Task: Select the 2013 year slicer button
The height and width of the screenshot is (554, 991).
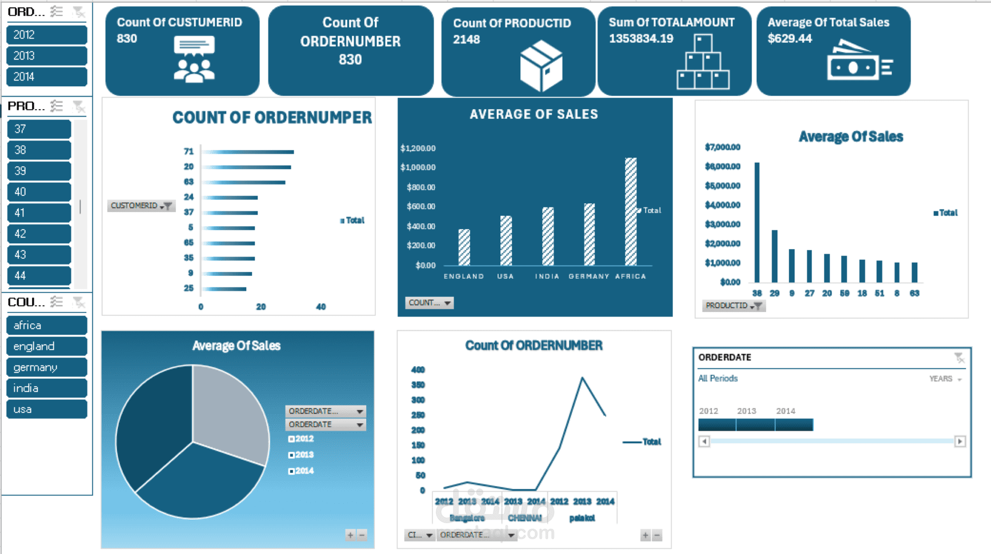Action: click(46, 55)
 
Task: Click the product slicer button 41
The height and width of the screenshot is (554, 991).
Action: click(39, 212)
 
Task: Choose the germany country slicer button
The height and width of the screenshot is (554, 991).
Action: click(46, 367)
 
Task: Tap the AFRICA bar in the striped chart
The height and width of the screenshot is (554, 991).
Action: click(631, 211)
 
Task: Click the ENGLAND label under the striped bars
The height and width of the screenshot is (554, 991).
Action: click(463, 276)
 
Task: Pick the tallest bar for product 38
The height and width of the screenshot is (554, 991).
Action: click(757, 222)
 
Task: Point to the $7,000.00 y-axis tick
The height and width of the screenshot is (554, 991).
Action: click(723, 147)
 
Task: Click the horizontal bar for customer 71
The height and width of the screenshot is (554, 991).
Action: click(248, 152)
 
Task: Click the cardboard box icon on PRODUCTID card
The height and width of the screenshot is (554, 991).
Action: click(541, 66)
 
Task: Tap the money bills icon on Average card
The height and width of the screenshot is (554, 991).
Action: click(858, 62)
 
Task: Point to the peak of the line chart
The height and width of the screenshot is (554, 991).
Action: click(582, 378)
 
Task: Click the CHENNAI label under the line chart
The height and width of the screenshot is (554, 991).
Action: click(524, 518)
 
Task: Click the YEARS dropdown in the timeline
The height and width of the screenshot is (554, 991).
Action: click(945, 379)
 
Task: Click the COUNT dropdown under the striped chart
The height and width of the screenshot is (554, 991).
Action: click(429, 303)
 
